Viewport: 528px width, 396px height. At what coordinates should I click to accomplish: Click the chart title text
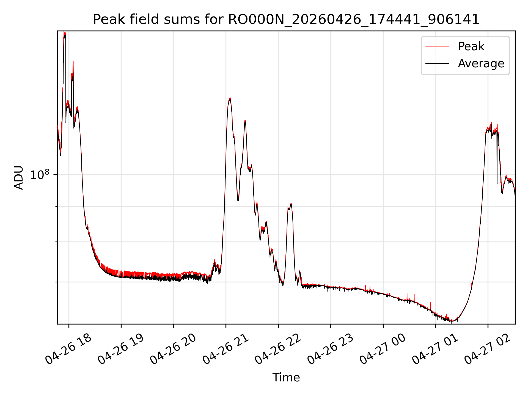pyautogui.click(x=286, y=20)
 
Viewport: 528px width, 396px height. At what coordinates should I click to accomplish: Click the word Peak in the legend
pyautogui.click(x=471, y=46)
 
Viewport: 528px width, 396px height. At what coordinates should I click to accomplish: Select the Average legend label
pyautogui.click(x=481, y=64)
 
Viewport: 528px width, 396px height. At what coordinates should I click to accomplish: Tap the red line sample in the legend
pyautogui.click(x=437, y=46)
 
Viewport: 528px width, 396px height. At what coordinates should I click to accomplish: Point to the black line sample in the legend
pyautogui.click(x=437, y=64)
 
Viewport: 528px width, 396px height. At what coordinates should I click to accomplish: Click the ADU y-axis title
pyautogui.click(x=19, y=177)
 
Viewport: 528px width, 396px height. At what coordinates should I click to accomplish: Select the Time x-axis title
pyautogui.click(x=286, y=377)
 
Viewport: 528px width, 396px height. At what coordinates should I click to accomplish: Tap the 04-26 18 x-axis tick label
pyautogui.click(x=68, y=349)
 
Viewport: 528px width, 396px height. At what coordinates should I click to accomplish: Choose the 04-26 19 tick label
pyautogui.click(x=121, y=349)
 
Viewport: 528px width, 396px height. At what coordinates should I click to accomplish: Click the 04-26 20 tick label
pyautogui.click(x=173, y=349)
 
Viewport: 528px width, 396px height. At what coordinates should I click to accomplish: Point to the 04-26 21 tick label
pyautogui.click(x=226, y=349)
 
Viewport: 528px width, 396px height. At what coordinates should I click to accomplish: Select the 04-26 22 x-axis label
pyautogui.click(x=278, y=349)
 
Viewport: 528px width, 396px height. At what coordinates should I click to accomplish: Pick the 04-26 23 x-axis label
pyautogui.click(x=330, y=349)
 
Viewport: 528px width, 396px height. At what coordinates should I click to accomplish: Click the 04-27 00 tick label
pyautogui.click(x=383, y=349)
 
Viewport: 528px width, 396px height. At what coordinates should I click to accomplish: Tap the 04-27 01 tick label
pyautogui.click(x=435, y=349)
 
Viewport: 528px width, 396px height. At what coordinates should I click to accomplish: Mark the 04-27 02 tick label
pyautogui.click(x=487, y=349)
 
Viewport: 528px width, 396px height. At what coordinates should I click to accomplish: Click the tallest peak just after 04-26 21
pyautogui.click(x=230, y=98)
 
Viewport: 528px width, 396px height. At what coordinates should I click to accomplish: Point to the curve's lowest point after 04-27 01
pyautogui.click(x=451, y=321)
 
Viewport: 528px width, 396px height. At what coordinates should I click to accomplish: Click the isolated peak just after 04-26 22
pyautogui.click(x=291, y=204)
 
